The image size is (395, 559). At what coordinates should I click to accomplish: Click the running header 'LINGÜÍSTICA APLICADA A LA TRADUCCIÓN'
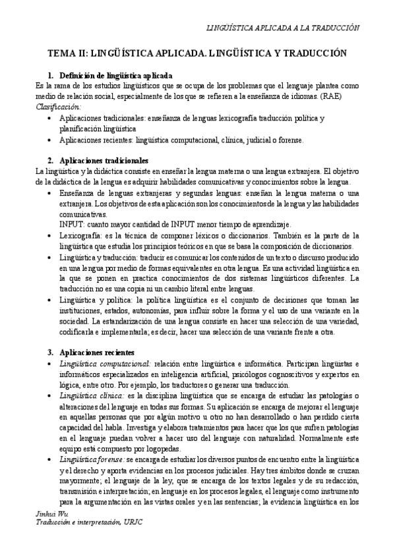tap(283, 28)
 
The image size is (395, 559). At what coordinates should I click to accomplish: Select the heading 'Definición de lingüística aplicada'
tap(115, 75)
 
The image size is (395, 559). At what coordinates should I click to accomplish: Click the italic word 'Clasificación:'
tap(59, 106)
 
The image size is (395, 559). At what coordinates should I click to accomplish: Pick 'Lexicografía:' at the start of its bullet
tap(80, 235)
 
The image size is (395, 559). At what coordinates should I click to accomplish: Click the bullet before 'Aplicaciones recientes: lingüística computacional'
tap(51, 140)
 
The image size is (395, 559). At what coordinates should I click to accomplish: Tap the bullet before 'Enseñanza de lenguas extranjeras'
tap(51, 192)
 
